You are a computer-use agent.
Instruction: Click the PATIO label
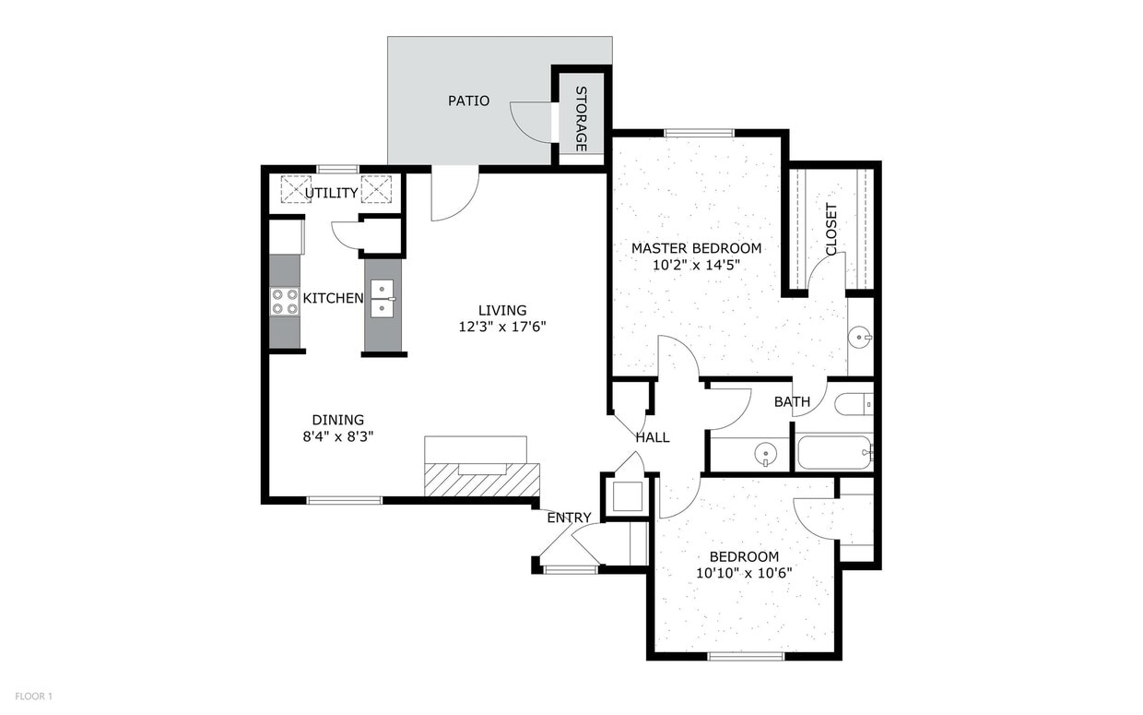point(468,101)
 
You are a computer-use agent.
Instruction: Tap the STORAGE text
point(581,118)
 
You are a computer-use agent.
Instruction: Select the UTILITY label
point(331,193)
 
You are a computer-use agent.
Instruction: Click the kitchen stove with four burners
point(285,302)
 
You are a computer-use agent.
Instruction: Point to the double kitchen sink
point(383,299)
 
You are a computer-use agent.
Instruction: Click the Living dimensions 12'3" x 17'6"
point(502,327)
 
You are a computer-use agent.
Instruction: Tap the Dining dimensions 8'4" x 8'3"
point(337,436)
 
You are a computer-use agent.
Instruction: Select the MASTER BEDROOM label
point(697,248)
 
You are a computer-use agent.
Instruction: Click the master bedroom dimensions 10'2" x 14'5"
point(697,265)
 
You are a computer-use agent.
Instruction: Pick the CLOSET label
point(831,230)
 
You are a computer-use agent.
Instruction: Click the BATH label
point(792,402)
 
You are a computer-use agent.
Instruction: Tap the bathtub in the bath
point(835,452)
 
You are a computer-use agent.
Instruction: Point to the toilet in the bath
point(854,404)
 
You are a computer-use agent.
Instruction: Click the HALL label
point(653,437)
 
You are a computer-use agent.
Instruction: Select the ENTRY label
point(569,518)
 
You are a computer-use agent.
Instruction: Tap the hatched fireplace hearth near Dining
point(482,480)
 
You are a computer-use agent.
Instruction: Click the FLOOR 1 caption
point(34,697)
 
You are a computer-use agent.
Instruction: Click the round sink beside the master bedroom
point(860,337)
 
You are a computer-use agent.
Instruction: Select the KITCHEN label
point(333,298)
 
